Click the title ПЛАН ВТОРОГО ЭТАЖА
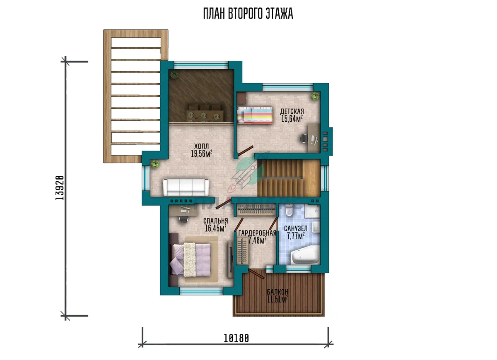(248, 14)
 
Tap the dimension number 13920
(60, 188)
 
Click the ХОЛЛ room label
(201, 146)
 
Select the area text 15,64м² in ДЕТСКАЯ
(292, 119)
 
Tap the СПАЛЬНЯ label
(215, 221)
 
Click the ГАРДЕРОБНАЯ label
(257, 233)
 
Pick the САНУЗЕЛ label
(296, 228)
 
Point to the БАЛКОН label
(277, 291)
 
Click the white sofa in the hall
(186, 187)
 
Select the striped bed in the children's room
(255, 115)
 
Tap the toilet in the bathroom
(289, 210)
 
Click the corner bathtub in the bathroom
(305, 255)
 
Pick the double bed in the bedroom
(190, 260)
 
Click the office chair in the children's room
(304, 138)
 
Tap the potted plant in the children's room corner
(315, 96)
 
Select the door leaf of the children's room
(245, 151)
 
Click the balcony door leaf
(256, 274)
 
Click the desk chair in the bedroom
(183, 219)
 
